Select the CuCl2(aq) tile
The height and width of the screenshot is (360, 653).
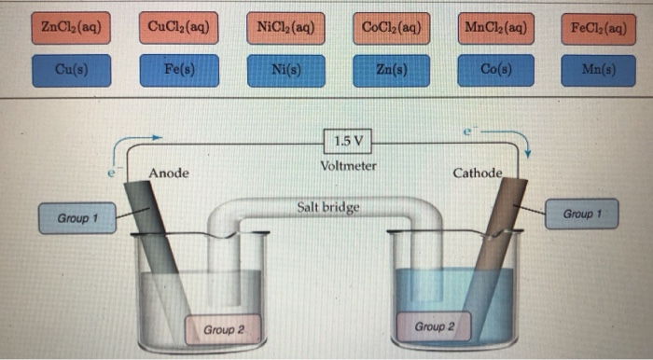pos(177,27)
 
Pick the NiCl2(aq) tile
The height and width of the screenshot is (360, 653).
pos(285,27)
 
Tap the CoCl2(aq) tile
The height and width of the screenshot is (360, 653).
pos(391,27)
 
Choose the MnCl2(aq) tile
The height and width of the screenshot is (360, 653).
pos(496,27)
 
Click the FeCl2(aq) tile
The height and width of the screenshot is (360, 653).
pos(598,27)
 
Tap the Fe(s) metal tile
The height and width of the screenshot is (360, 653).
pos(177,70)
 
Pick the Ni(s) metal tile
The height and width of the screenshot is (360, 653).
pos(285,70)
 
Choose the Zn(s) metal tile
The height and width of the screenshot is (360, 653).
pos(391,70)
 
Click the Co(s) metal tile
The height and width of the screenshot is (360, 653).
pos(496,70)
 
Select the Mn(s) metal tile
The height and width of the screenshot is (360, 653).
pos(598,70)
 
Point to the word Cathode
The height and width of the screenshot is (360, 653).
pos(477,173)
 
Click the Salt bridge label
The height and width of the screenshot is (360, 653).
pos(328,207)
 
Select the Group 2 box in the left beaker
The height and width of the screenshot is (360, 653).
pos(224,329)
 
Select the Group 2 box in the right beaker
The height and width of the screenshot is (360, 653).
pos(436,326)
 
